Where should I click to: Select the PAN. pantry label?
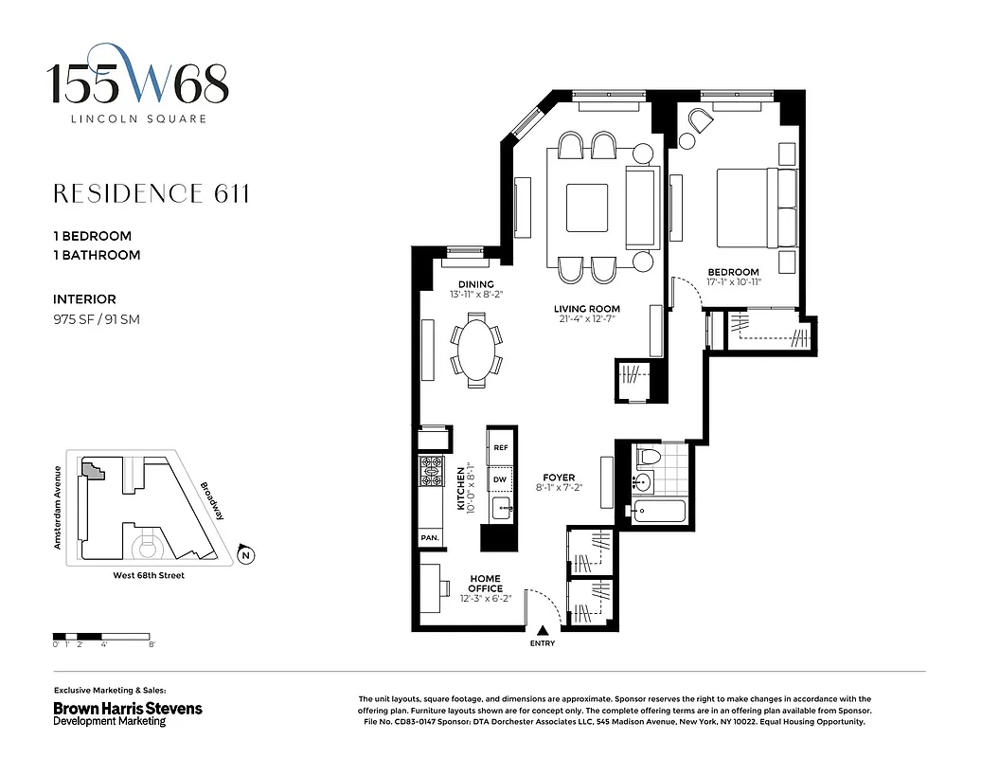429,538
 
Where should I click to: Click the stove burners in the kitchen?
431,469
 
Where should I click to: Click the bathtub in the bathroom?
659,512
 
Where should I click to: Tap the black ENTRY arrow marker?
543,630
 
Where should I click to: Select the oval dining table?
477,352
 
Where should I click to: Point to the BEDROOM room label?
734,272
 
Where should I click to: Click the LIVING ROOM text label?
587,309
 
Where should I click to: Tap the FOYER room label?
559,478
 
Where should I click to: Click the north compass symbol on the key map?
245,555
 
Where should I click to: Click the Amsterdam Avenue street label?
58,507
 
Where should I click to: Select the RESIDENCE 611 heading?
152,194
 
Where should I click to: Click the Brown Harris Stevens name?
127,708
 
